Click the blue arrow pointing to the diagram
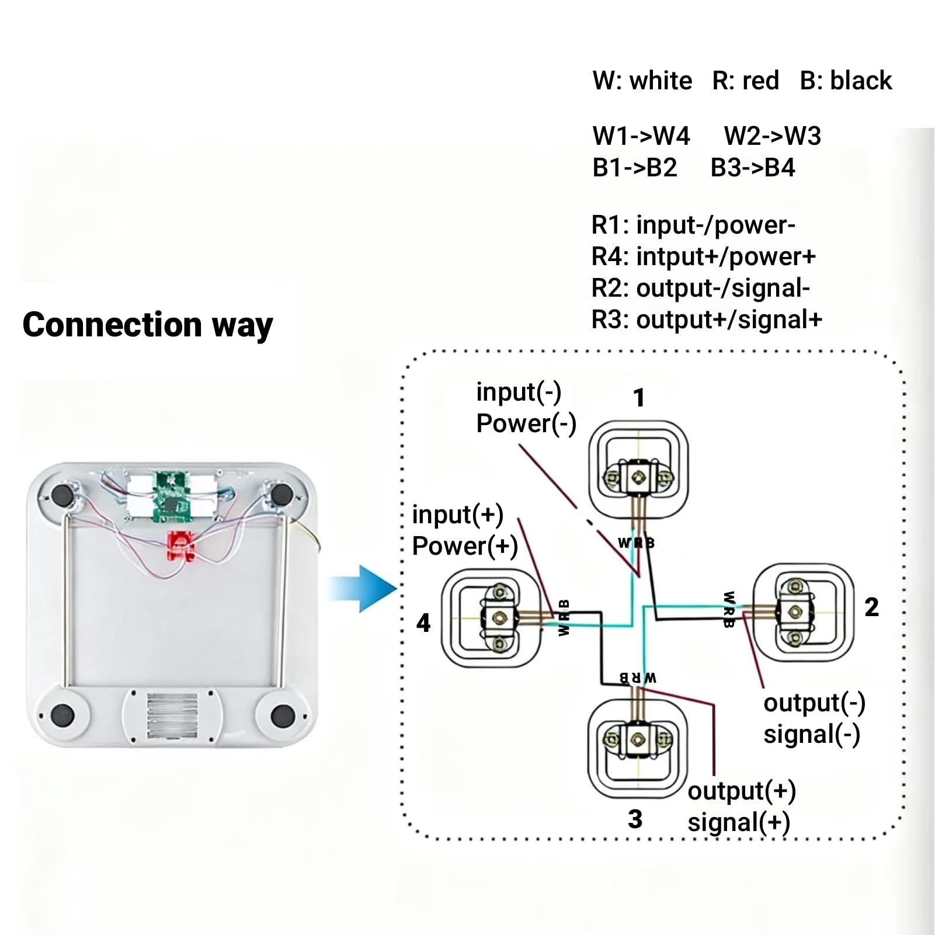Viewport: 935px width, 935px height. pos(362,588)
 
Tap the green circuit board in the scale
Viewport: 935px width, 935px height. pos(172,496)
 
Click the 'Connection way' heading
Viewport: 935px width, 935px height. pos(148,325)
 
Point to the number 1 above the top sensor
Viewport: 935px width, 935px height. pos(639,398)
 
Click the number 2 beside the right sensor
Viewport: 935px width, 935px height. pos(871,607)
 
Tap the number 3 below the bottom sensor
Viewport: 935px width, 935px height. pos(635,819)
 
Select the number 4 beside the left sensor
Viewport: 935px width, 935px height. pos(423,623)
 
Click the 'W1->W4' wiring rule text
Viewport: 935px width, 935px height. pos(641,136)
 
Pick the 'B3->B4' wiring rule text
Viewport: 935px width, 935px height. pos(753,168)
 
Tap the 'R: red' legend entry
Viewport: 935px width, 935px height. pos(745,81)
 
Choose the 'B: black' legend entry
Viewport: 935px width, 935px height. pos(846,81)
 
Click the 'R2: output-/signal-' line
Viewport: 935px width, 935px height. pos(701,288)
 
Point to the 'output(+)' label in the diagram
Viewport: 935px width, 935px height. pos(742,791)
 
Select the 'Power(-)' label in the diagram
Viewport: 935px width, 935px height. pos(526,423)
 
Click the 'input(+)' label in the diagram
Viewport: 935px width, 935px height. pos(457,515)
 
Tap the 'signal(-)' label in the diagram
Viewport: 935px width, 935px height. pos(812,735)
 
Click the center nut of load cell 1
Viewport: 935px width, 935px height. pos(638,478)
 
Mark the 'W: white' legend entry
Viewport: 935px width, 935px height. pos(642,81)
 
